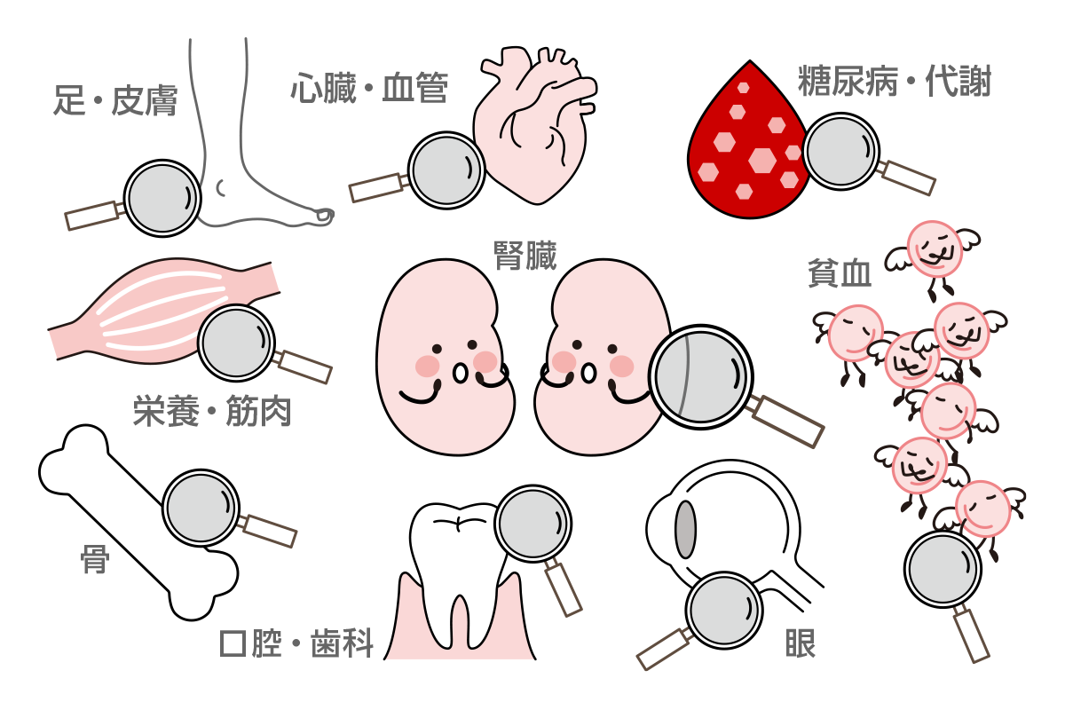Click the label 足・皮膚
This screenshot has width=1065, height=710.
pos(115,100)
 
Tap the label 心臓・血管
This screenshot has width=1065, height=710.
pos(369,88)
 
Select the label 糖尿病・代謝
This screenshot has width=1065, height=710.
pos(895,81)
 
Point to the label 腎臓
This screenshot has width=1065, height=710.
pos(525,256)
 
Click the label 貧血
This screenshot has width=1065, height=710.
pos(840,272)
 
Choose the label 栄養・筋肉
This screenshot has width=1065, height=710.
pos(212,411)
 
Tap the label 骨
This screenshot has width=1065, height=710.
pos(95,559)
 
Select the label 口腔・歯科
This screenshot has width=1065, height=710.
pos(296,643)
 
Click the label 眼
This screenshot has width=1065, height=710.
pos(801,643)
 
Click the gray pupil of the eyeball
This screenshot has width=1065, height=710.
pos(685,529)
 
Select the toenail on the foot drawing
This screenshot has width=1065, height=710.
pos(325,216)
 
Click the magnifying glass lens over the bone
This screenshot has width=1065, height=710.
pos(201,508)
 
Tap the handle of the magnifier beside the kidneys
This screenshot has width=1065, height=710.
pos(787,422)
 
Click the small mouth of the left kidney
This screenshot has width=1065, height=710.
pos(460,374)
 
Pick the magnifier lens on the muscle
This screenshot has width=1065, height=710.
pos(236,343)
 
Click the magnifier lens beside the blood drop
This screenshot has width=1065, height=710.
pos(841,151)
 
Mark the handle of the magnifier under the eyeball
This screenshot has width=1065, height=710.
pos(664,649)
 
